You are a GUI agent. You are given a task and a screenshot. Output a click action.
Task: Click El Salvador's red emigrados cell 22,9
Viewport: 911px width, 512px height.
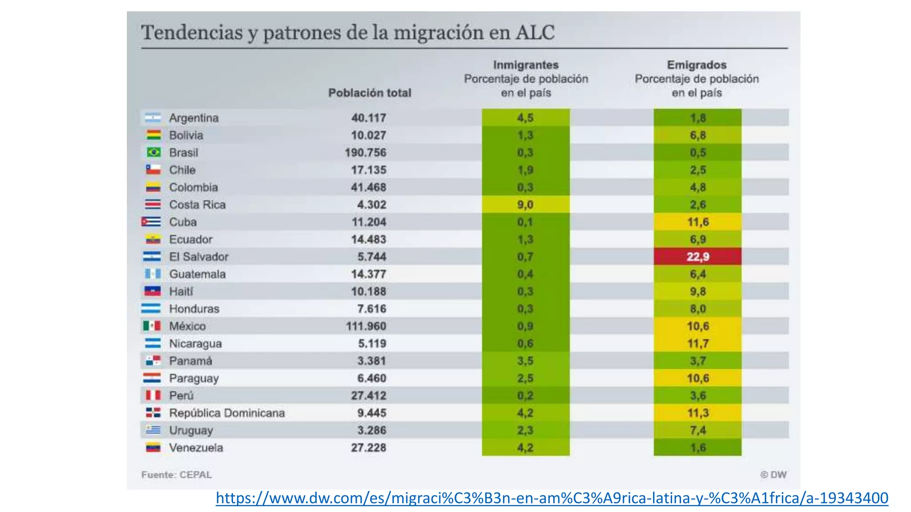pyautogui.click(x=697, y=256)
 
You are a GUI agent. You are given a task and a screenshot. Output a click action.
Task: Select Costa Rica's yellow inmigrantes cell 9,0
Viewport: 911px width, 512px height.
pyautogui.click(x=525, y=204)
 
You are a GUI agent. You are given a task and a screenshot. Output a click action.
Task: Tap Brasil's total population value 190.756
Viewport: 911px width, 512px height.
pyautogui.click(x=365, y=152)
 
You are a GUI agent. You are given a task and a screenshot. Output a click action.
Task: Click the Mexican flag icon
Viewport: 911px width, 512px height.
pyautogui.click(x=152, y=326)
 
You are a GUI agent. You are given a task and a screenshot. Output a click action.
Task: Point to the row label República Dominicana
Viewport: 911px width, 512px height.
pyautogui.click(x=227, y=413)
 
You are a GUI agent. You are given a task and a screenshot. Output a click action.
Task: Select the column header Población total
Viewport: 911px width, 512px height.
pyautogui.click(x=370, y=93)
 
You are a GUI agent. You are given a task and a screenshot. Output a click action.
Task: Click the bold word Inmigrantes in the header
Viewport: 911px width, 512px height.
pyautogui.click(x=525, y=65)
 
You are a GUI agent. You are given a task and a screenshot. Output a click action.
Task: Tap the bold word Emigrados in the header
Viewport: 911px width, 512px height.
pyautogui.click(x=697, y=65)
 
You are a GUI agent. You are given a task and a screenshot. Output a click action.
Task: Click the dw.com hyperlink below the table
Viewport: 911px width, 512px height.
pyautogui.click(x=552, y=498)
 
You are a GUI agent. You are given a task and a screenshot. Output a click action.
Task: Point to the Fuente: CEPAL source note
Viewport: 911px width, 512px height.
pyautogui.click(x=177, y=475)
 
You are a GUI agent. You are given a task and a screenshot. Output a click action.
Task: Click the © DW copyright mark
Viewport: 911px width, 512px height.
pyautogui.click(x=773, y=475)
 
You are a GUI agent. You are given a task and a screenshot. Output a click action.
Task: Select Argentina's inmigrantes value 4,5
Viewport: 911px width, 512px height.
pyautogui.click(x=525, y=118)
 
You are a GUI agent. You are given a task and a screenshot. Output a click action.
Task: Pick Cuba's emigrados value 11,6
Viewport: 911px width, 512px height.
pyautogui.click(x=697, y=222)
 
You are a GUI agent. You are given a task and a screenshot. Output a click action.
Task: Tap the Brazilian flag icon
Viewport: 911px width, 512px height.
pyautogui.click(x=153, y=152)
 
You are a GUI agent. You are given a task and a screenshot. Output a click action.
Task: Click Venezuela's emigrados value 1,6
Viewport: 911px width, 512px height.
pyautogui.click(x=697, y=448)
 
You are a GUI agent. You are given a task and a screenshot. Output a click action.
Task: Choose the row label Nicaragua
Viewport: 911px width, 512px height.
pyautogui.click(x=195, y=344)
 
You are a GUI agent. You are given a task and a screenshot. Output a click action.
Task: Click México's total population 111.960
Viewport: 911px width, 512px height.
pyautogui.click(x=366, y=326)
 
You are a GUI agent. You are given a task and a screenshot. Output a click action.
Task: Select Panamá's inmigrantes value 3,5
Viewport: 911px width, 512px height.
pyautogui.click(x=525, y=361)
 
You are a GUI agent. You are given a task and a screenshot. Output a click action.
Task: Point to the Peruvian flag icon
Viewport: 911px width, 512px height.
pyautogui.click(x=153, y=395)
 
